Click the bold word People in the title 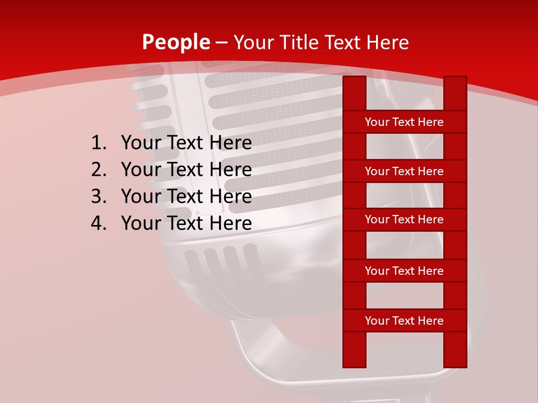(x=176, y=42)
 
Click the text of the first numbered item (x=186, y=143)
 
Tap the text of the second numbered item (x=186, y=170)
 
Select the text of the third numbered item (x=186, y=196)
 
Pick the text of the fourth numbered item (x=186, y=223)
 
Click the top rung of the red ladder (x=404, y=122)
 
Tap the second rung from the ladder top (x=404, y=171)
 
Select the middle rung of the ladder (x=404, y=219)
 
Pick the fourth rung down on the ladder (x=404, y=271)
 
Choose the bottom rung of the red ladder (x=404, y=321)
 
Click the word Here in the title (x=387, y=42)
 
